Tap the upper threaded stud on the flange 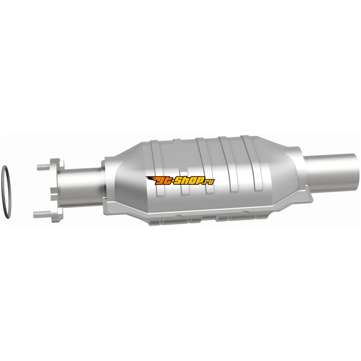coord(43,167)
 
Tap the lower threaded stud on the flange coord(42,214)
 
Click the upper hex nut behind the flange coord(62,164)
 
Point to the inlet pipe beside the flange coord(81,187)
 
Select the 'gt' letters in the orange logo coord(164,181)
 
